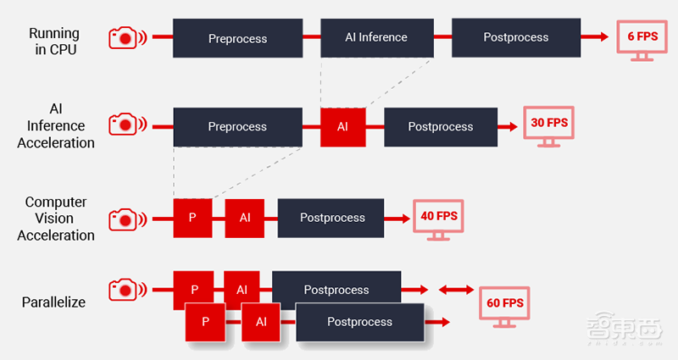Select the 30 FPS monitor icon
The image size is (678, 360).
[x=547, y=125]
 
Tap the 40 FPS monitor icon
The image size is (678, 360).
[x=438, y=219]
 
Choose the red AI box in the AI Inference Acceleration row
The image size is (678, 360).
[x=342, y=127]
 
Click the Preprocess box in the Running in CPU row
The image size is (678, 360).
[x=237, y=39]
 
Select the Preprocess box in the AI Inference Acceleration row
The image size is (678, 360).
[x=237, y=127]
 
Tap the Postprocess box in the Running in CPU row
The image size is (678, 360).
[x=515, y=38]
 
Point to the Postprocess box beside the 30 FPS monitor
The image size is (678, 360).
[x=440, y=127]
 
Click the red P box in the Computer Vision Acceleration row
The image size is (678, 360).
[x=192, y=218]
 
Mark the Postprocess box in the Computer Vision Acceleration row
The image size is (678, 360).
[x=331, y=218]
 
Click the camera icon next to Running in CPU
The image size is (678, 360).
[x=125, y=38]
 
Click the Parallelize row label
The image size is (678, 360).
[x=53, y=302]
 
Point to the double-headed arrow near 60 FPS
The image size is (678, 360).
[x=456, y=291]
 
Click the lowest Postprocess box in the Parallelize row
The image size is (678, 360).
[x=359, y=322]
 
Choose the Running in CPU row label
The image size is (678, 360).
[x=54, y=42]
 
